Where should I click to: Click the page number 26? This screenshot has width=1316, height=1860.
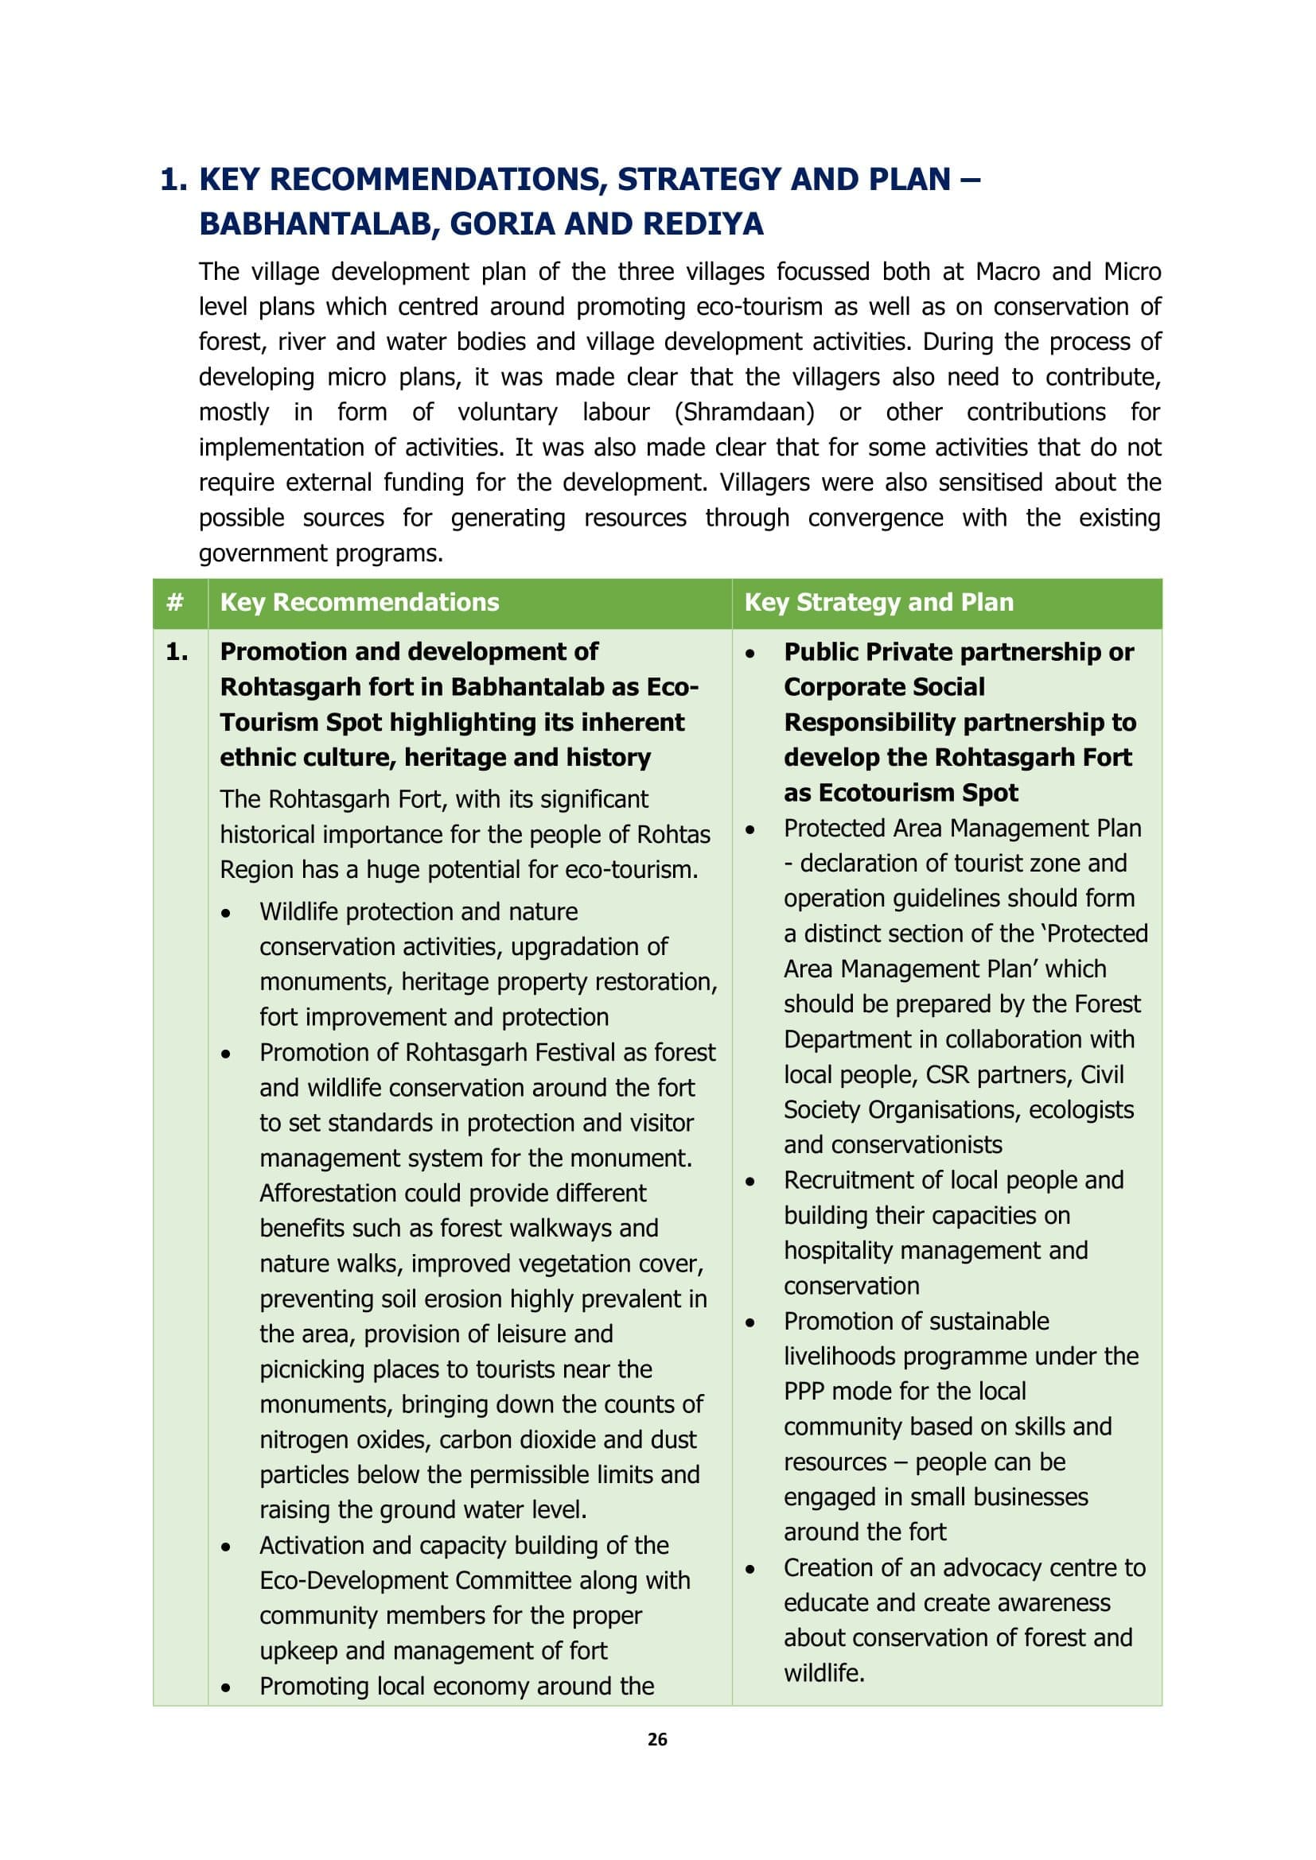tap(657, 1738)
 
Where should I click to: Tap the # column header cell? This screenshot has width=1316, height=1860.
tap(175, 603)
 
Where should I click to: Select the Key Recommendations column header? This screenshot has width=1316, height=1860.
tap(360, 603)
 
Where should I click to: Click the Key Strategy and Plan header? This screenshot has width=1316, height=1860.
tap(878, 603)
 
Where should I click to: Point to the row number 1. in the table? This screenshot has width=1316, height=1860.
tap(177, 652)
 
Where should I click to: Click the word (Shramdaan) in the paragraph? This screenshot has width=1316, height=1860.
tap(744, 413)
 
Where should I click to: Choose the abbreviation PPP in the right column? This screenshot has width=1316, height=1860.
tap(803, 1391)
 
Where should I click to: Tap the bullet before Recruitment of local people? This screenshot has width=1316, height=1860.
tap(750, 1182)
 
